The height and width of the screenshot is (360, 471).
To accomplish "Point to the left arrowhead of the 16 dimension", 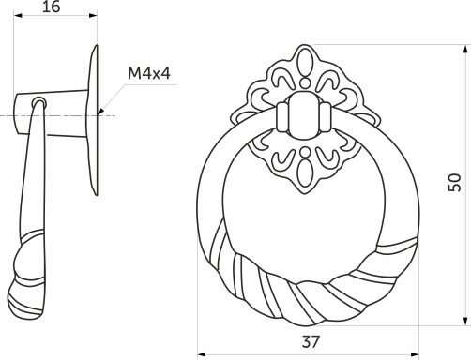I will coord(19,16).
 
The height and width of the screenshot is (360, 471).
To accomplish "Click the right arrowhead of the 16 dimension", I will coord(94,16).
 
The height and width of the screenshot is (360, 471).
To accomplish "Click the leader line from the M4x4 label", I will coord(112,99).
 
